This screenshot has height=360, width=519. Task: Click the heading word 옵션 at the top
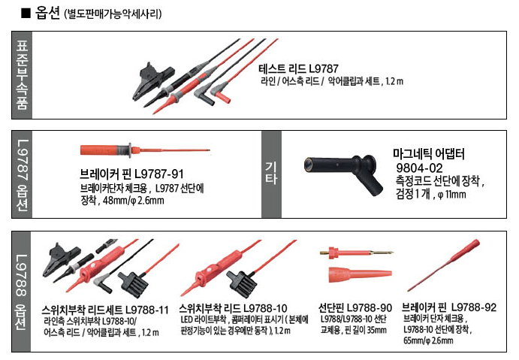tap(47, 14)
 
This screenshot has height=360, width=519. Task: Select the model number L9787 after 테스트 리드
tap(324, 68)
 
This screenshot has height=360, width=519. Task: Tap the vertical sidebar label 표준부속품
tap(22, 75)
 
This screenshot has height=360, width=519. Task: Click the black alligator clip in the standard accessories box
tap(153, 80)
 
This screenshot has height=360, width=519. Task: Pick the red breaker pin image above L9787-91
tap(145, 150)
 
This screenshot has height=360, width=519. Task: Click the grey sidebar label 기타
tap(271, 173)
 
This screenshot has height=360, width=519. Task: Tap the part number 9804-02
tap(419, 168)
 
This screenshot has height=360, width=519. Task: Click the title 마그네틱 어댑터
tap(429, 154)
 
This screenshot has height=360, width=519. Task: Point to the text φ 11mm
tap(451, 194)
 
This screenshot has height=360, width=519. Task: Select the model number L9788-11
tap(147, 310)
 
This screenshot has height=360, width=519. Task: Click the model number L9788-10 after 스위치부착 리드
tap(265, 309)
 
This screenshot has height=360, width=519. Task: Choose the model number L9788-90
tap(370, 308)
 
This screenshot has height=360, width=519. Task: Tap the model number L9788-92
tap(474, 307)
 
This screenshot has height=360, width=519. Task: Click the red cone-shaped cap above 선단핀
tap(360, 274)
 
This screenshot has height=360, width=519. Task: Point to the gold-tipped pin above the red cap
tap(357, 253)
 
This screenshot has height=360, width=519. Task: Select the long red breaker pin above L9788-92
tap(444, 265)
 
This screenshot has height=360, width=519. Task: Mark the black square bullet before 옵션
tap(26, 14)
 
